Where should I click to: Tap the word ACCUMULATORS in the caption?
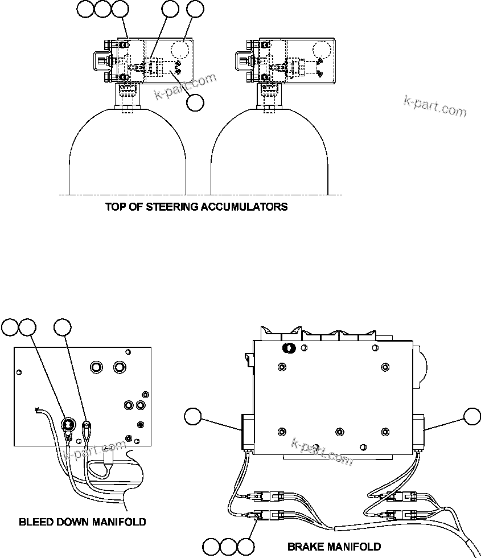(x=244, y=207)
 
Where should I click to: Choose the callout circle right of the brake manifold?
(x=472, y=417)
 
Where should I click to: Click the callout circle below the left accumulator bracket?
(x=195, y=103)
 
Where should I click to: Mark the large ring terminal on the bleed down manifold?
(x=69, y=424)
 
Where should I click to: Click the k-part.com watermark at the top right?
(x=435, y=105)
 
